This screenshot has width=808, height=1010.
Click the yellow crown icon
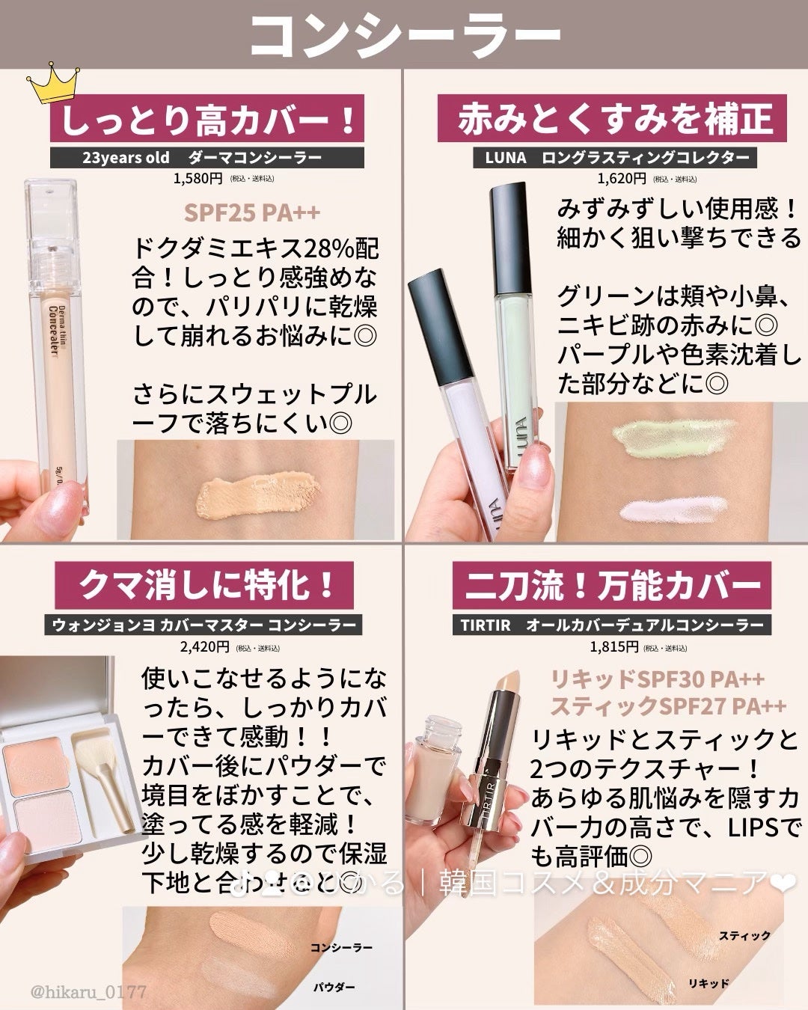(x=49, y=87)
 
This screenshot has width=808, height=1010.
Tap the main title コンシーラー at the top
(x=404, y=34)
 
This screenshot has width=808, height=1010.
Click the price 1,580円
(x=198, y=178)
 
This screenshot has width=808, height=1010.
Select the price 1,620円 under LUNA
(x=621, y=178)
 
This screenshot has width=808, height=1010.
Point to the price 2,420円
(x=204, y=646)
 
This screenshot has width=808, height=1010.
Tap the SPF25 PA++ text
(x=252, y=212)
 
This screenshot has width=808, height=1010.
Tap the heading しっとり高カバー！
(x=207, y=120)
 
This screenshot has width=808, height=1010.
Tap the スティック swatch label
(x=744, y=935)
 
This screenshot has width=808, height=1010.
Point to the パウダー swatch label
(x=334, y=988)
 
